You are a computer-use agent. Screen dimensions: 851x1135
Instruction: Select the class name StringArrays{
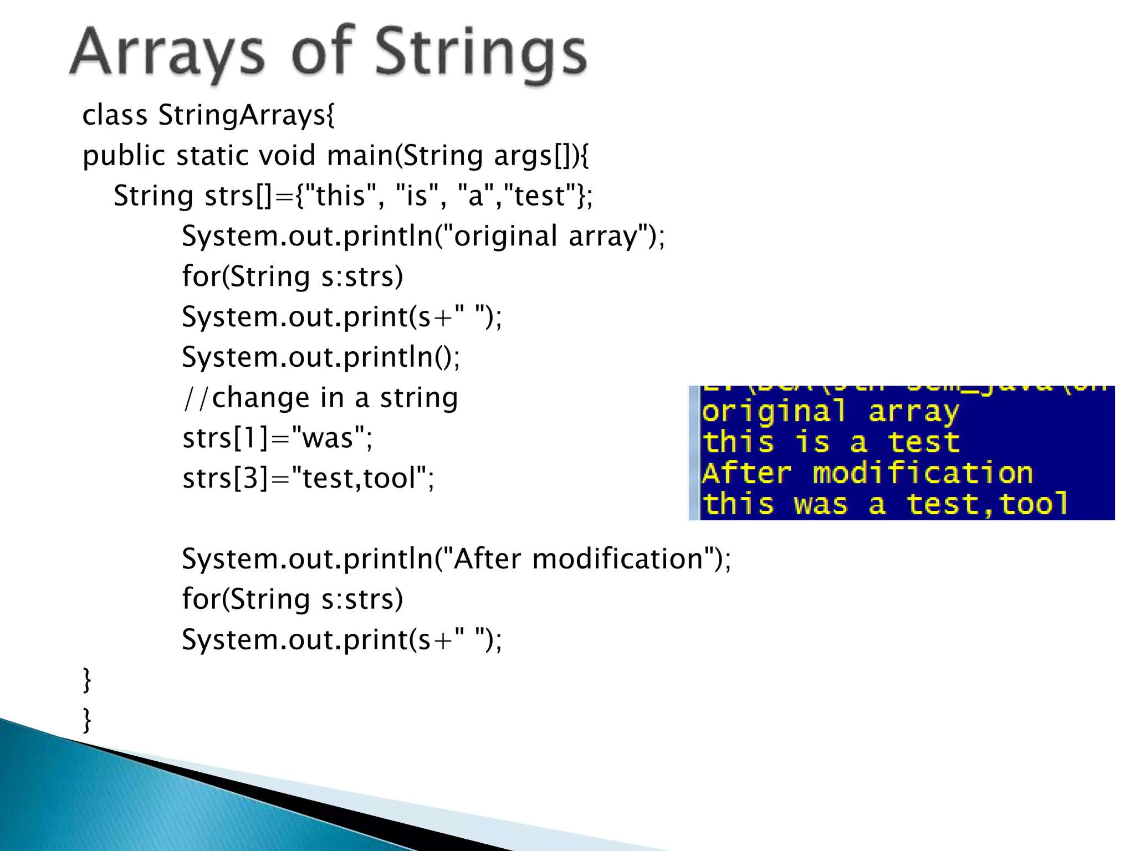point(247,116)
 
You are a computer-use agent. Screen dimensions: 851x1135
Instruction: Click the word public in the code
point(124,156)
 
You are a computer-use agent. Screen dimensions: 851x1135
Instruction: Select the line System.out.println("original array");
point(423,236)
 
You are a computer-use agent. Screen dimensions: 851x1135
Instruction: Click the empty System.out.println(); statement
point(321,357)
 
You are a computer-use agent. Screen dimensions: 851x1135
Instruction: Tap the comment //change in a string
point(320,398)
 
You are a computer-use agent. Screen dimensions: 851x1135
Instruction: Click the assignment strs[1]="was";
point(277,438)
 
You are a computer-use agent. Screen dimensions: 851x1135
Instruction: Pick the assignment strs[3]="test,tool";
point(308,478)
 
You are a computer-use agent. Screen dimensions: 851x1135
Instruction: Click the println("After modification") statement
point(456,558)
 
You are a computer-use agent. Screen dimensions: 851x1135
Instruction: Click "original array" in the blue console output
point(829,412)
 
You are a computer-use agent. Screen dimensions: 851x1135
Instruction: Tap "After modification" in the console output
point(867,474)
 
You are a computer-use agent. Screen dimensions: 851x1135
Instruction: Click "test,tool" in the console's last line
point(986,504)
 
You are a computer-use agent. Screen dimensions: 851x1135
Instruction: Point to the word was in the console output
point(820,504)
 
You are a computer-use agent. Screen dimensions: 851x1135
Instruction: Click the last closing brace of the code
point(86,720)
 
